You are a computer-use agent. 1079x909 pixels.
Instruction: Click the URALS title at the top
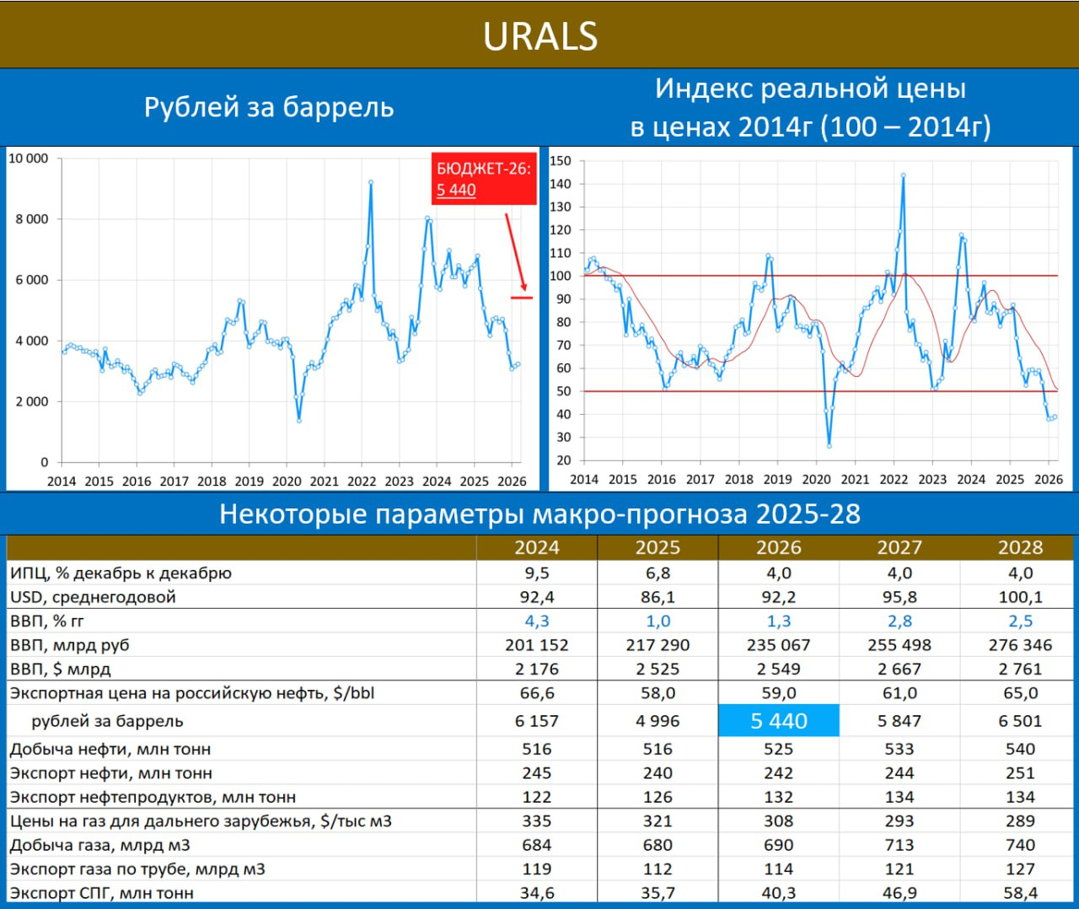539,36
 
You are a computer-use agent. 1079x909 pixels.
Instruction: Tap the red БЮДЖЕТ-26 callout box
484,179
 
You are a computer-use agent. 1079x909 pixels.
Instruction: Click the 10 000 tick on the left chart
28,159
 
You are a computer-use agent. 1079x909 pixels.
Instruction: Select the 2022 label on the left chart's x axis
362,481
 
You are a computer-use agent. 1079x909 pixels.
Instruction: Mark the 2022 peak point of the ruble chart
371,182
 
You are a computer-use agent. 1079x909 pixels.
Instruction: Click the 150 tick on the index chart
561,161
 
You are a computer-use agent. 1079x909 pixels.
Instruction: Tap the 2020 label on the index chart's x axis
816,479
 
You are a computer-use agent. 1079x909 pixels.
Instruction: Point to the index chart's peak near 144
903,176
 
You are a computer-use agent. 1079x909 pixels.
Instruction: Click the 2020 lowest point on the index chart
829,445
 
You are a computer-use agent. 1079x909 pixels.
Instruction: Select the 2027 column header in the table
899,547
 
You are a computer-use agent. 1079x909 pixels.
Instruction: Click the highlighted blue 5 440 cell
778,721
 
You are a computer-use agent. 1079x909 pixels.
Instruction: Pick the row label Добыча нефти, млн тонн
110,749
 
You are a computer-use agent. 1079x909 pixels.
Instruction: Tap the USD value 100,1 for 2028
1020,597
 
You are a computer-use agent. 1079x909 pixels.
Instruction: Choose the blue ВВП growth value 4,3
537,621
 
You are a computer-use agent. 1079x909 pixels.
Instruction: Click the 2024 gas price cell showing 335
537,820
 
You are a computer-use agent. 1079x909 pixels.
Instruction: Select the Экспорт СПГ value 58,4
1020,892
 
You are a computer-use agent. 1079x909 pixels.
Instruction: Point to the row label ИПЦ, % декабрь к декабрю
121,573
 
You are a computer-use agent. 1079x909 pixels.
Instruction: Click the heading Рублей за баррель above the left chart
269,107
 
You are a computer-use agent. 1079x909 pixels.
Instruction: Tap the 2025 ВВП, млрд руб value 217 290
658,645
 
